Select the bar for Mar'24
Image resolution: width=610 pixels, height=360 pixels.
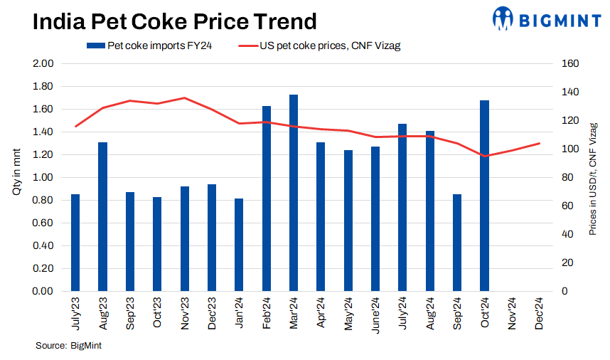point(294,193)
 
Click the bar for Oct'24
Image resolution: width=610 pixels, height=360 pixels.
point(484,196)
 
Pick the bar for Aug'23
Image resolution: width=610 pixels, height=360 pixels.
point(103,217)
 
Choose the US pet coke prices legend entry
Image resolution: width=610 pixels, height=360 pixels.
point(323,46)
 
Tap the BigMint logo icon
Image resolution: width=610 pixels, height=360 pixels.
point(503,19)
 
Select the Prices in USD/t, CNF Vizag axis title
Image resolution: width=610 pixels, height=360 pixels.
point(593,178)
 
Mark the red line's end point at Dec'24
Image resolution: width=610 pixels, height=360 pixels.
point(539,144)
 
